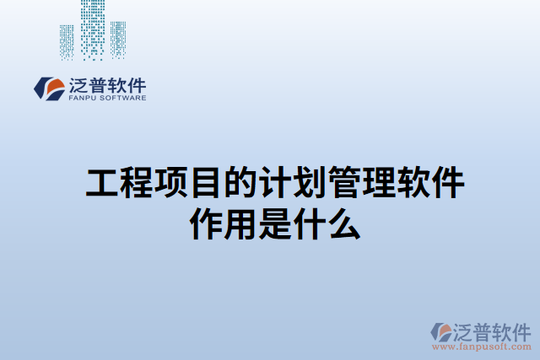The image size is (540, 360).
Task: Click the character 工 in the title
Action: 101,184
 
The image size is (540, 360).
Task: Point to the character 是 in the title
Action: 270,224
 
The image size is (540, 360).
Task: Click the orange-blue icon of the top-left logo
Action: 48,88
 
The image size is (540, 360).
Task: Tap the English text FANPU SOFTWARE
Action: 105,98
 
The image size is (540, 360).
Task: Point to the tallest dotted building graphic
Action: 93,29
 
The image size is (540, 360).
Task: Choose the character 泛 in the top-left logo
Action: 76,85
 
